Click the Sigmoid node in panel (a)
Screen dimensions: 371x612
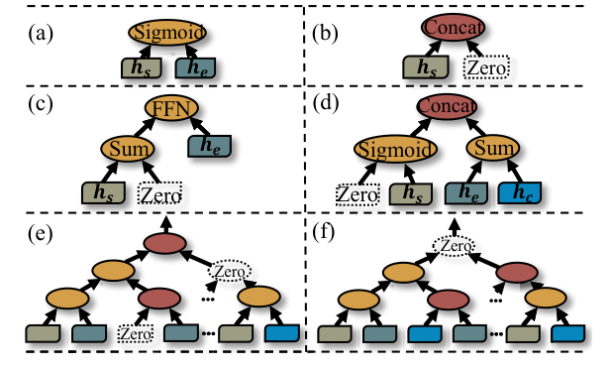pos(166,32)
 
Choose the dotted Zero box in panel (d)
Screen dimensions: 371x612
pos(359,194)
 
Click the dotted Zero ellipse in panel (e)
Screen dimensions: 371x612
pos(229,269)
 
